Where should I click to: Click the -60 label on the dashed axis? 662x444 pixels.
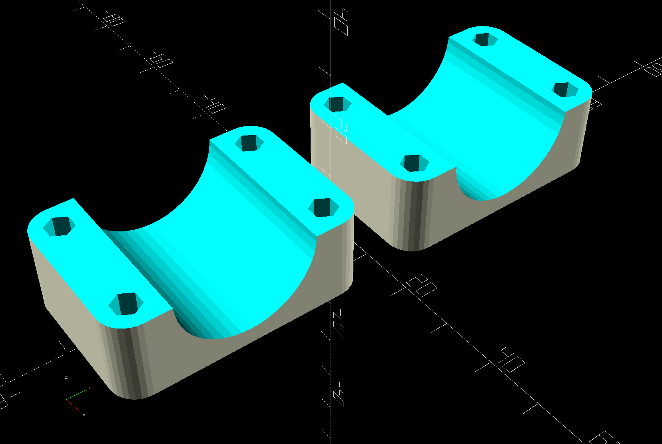point(162,60)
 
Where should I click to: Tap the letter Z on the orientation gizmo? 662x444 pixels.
point(66,377)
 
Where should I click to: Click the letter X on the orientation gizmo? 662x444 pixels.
point(84,416)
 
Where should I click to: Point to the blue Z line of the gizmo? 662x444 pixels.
point(66,390)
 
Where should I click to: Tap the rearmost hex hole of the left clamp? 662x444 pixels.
point(249,142)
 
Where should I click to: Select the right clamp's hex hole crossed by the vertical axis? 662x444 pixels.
point(337,104)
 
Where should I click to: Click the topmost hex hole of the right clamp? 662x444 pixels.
point(485,39)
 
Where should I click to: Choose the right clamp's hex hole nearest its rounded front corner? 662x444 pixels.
point(414,163)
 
